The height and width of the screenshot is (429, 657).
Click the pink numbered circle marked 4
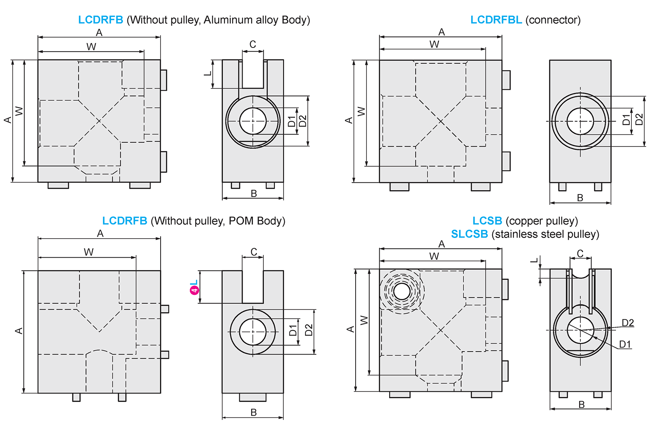pyautogui.click(x=194, y=290)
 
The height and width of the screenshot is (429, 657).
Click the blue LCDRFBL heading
pyautogui.click(x=496, y=20)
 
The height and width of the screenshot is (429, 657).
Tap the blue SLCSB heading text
pyautogui.click(x=469, y=234)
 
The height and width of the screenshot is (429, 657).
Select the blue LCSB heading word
pyautogui.click(x=487, y=221)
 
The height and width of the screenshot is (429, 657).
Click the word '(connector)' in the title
pyautogui.click(x=553, y=20)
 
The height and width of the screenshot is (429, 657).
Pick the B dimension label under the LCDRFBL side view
pyautogui.click(x=580, y=198)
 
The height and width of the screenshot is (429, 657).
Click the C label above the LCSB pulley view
pyautogui.click(x=580, y=253)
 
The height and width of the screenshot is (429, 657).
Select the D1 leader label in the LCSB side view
pyautogui.click(x=625, y=344)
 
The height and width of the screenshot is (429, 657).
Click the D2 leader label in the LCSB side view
pyautogui.click(x=628, y=323)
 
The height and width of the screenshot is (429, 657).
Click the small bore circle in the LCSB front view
pyautogui.click(x=402, y=291)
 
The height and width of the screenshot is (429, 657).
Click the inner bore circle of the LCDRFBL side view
pyautogui.click(x=580, y=121)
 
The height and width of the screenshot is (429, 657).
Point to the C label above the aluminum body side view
pyautogui.click(x=253, y=44)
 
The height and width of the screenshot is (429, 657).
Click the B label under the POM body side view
pyautogui.click(x=253, y=412)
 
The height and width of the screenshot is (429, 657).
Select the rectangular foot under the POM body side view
pyautogui.click(x=253, y=397)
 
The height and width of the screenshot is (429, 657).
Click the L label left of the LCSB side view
pyautogui.click(x=534, y=260)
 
